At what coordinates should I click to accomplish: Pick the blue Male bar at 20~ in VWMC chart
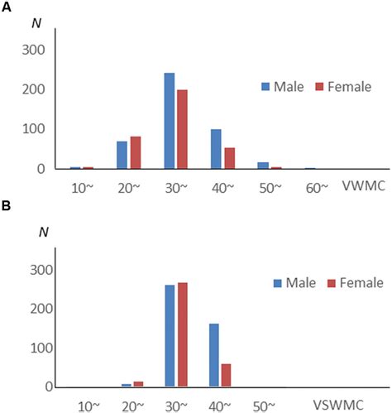click(x=122, y=155)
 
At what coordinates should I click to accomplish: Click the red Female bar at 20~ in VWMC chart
click(x=134, y=152)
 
